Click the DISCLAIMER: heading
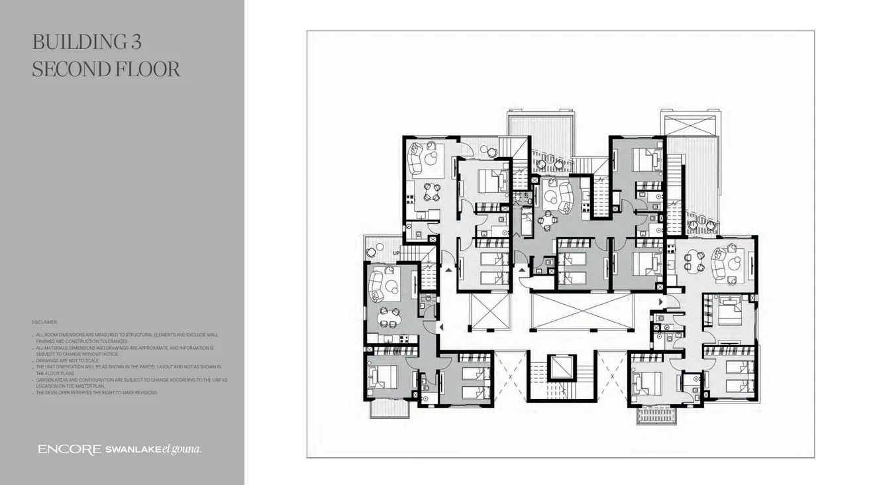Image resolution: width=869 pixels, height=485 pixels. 44,322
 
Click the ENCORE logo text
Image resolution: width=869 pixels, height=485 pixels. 70,450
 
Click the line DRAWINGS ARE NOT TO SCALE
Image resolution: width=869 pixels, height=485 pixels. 68,360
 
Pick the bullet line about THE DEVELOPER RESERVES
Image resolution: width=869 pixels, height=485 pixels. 97,393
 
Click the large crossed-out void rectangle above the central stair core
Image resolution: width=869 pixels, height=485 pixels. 581,312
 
